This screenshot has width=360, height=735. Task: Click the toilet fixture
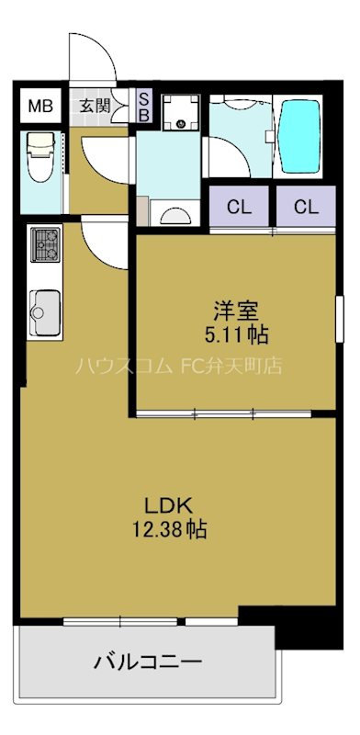tap(40, 157)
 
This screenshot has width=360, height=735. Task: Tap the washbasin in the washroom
tap(174, 214)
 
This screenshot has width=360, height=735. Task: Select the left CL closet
tap(239, 207)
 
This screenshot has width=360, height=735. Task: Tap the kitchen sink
tap(43, 312)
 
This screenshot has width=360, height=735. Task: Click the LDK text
tap(168, 507)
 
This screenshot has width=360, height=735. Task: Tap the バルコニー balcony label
tap(147, 661)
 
